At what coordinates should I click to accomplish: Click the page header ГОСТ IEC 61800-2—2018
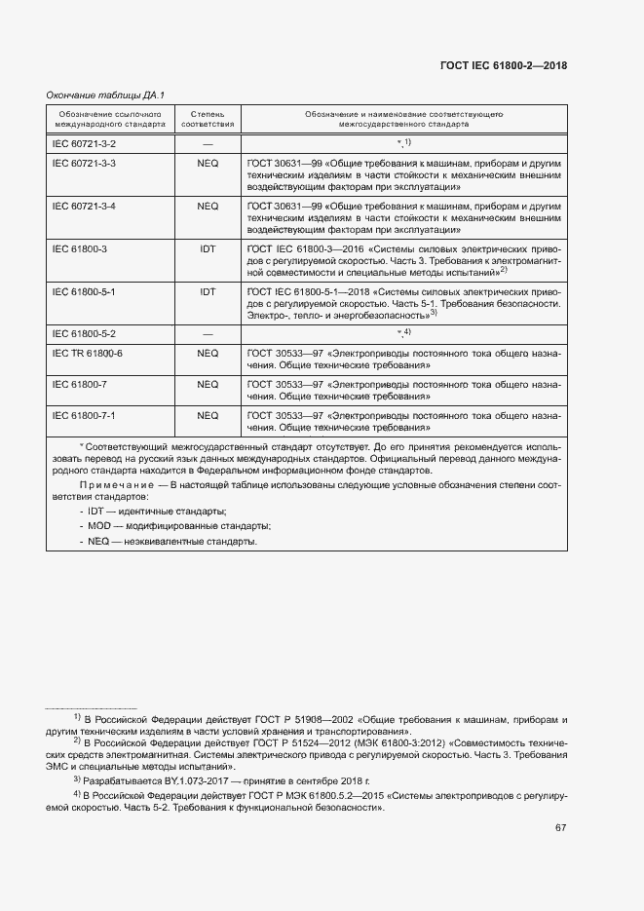[x=505, y=65]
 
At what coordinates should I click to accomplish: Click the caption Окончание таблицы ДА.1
[x=105, y=95]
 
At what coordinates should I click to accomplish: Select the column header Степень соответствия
[x=208, y=119]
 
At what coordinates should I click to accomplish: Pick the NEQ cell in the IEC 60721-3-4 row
[x=208, y=207]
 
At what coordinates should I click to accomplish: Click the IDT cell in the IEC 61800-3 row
[x=208, y=249]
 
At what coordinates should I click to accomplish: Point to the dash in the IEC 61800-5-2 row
[x=208, y=333]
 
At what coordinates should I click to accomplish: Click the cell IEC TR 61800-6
[x=88, y=353]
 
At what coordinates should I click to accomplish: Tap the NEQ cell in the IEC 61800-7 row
[x=208, y=385]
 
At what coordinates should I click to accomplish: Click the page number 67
[x=560, y=828]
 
